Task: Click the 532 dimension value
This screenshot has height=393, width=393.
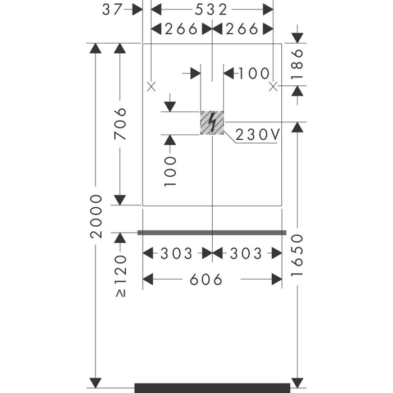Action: [x=211, y=10]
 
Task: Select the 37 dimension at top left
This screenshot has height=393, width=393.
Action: [x=112, y=10]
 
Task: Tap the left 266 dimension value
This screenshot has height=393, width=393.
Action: [x=181, y=29]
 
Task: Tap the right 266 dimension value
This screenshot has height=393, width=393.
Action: [x=242, y=29]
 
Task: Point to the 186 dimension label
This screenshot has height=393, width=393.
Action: [x=297, y=64]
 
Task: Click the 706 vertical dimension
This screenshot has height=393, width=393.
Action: [x=120, y=124]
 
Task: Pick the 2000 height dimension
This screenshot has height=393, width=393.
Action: [x=96, y=216]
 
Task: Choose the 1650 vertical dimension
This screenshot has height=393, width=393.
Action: [x=297, y=255]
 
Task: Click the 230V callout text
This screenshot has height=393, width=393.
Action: [x=257, y=135]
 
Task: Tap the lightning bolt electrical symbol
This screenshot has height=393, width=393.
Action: [x=212, y=122]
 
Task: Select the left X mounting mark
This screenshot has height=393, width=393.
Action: [x=151, y=86]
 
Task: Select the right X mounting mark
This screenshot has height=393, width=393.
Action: [x=273, y=86]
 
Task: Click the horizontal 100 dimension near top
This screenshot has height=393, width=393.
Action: [x=254, y=74]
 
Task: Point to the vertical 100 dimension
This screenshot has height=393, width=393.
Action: [x=171, y=171]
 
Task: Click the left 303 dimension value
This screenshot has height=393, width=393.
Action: [x=176, y=253]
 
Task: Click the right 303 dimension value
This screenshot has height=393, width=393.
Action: [x=246, y=253]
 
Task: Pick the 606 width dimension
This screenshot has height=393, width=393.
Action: [x=206, y=280]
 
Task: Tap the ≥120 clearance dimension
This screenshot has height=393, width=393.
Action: [x=121, y=276]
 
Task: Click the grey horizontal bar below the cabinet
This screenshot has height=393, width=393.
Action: [x=212, y=233]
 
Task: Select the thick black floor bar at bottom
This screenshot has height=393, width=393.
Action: [x=212, y=388]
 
